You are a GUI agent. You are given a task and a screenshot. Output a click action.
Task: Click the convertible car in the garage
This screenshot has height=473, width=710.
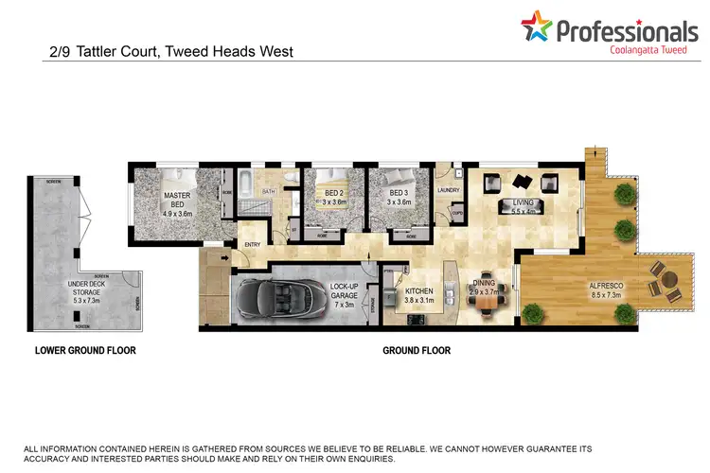(x=281, y=296)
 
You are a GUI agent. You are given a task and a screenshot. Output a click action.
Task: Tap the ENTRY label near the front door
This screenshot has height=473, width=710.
(x=252, y=246)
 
